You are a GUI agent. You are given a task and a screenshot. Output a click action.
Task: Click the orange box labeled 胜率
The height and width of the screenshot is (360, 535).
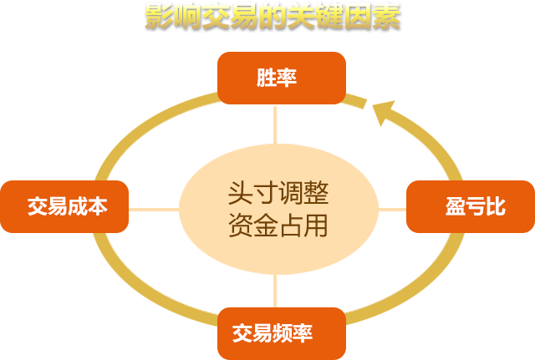tap(282, 78)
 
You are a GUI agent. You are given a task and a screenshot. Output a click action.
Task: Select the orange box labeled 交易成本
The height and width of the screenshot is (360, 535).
tap(65, 206)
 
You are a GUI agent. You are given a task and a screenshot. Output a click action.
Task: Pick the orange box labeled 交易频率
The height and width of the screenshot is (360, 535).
tap(282, 333)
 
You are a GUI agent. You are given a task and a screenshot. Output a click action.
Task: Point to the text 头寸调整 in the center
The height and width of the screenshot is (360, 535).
tap(278, 194)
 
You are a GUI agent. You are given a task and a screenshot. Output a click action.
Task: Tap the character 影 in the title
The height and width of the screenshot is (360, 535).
tap(159, 16)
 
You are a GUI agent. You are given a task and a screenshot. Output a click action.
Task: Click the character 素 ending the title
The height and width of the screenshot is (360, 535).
tap(386, 16)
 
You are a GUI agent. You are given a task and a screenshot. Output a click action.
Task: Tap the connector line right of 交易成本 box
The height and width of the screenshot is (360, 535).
tap(154, 209)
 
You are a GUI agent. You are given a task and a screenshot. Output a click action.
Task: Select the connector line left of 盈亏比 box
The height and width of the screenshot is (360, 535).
tap(392, 209)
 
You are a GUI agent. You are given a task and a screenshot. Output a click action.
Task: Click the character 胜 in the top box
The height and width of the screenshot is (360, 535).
tap(267, 79)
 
